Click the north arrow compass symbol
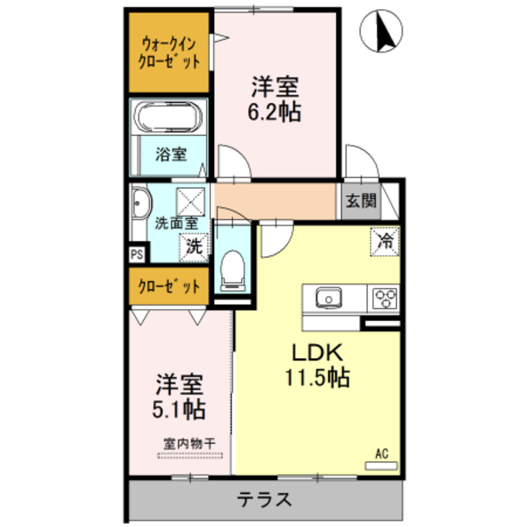381,31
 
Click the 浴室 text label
170,154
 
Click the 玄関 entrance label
360,200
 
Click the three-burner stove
383,297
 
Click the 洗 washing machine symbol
194,245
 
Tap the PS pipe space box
136,254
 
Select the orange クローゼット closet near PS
169,287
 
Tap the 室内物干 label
189,443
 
